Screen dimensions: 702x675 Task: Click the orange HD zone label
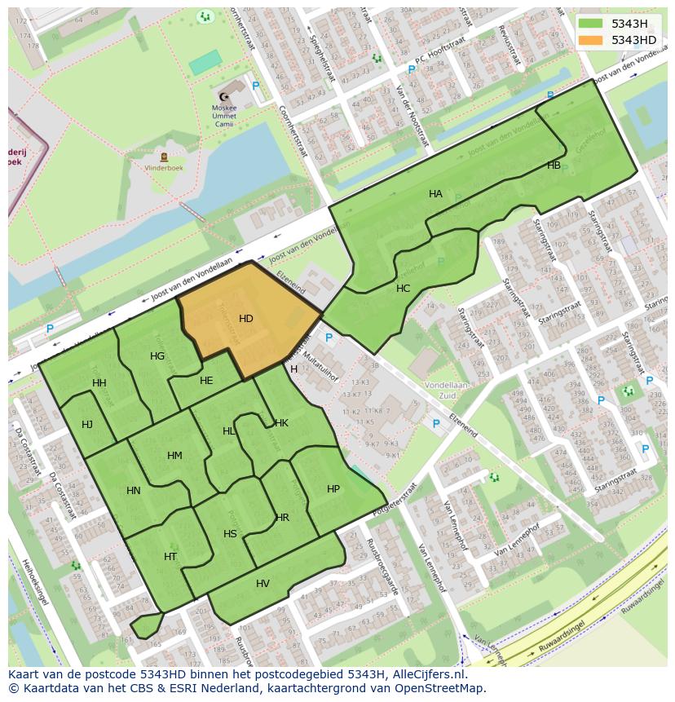pos(246,318)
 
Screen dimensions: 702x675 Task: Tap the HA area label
pos(435,194)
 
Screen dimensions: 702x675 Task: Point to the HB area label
pos(554,166)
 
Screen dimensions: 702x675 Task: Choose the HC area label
pos(403,289)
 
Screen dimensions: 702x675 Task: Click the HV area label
pos(262,584)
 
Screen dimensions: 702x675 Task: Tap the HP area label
pos(333,489)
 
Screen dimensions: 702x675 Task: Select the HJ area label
pos(87,424)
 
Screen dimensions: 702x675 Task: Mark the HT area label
pos(170,557)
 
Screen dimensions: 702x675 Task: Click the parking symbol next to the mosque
pos(256,86)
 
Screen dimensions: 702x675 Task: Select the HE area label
pos(206,381)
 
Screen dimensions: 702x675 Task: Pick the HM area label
pos(174,456)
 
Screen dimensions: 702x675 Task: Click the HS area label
pos(230,534)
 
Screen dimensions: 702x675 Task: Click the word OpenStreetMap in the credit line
pos(445,688)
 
